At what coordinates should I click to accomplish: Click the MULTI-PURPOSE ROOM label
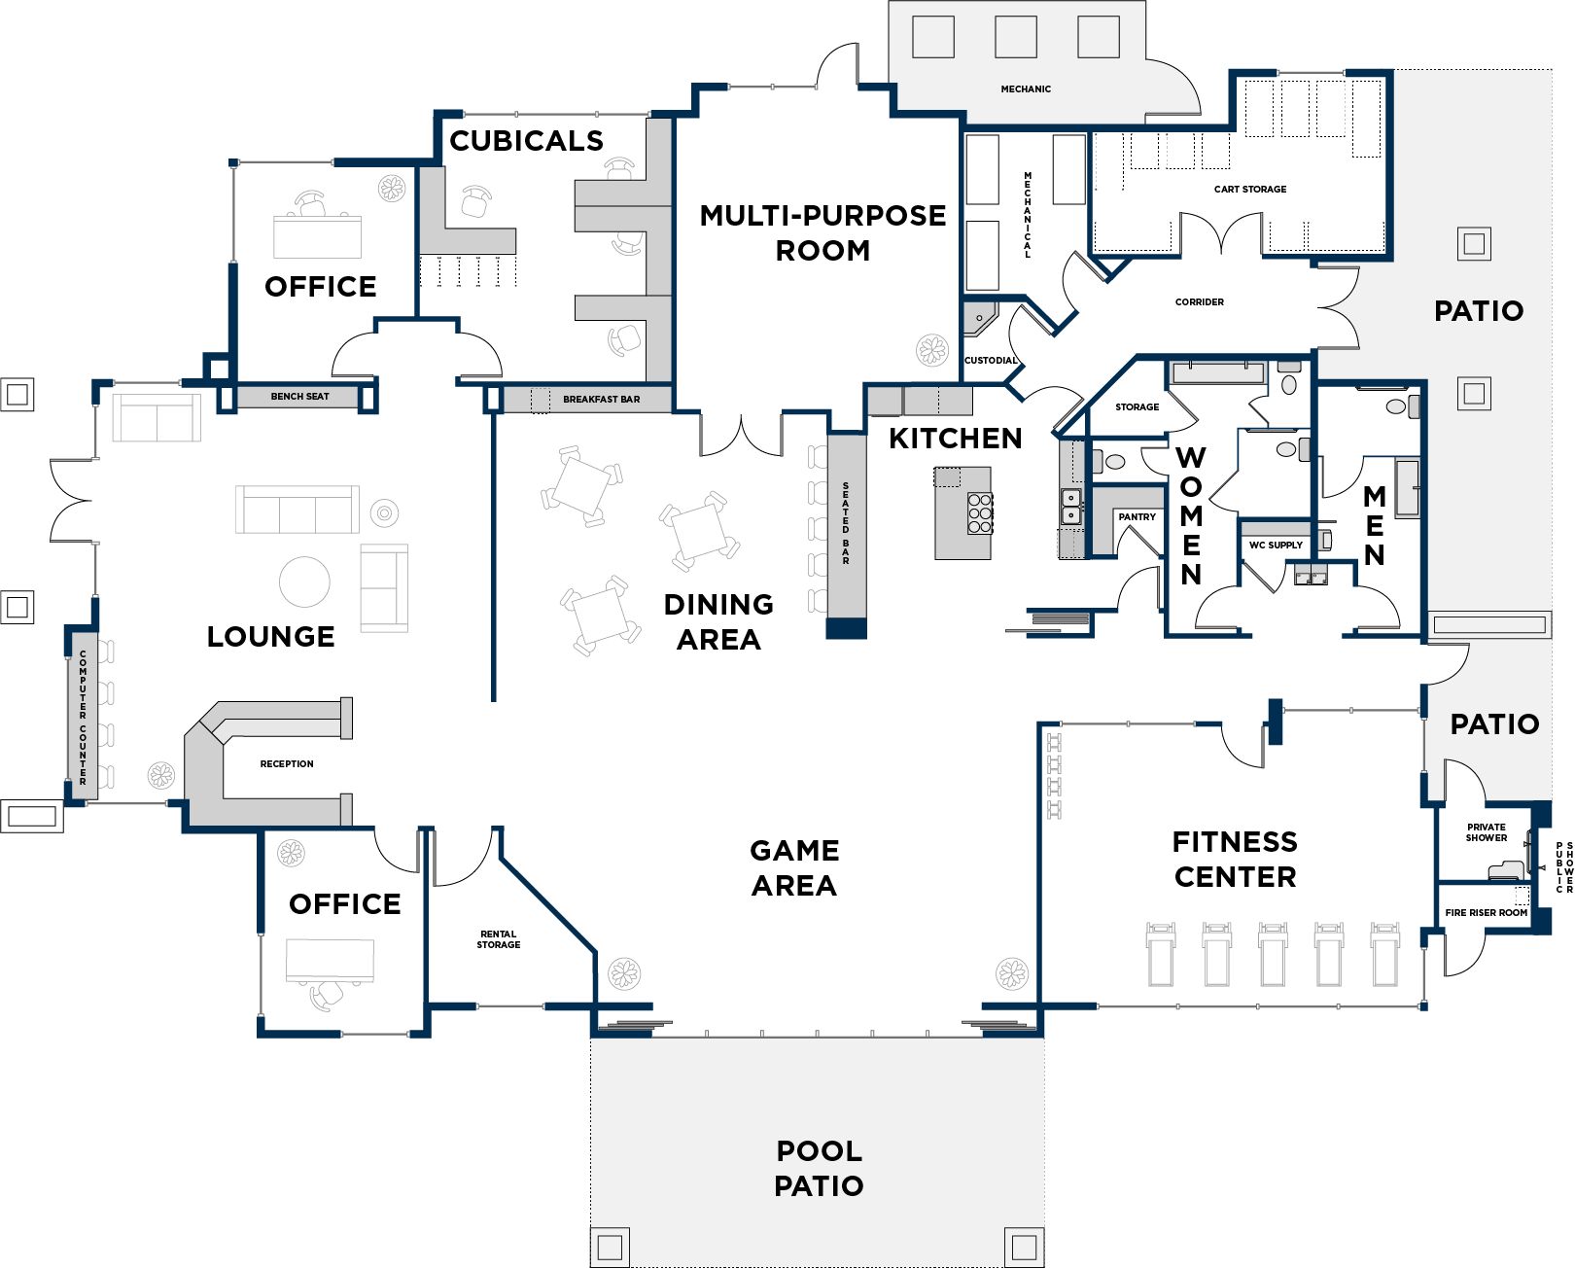coord(822,232)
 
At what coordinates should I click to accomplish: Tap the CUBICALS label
coord(526,141)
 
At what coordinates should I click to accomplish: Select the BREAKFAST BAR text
coord(601,400)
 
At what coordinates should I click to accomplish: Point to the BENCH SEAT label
coord(299,397)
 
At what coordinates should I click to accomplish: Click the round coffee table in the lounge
coord(304,582)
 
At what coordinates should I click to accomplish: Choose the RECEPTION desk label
coord(287,764)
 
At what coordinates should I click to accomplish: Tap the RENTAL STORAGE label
coord(499,939)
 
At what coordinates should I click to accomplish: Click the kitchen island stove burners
coord(980,513)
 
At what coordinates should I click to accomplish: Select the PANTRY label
coord(1137,517)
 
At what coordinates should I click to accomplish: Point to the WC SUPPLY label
coord(1276,546)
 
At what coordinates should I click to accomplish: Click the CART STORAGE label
coord(1249,190)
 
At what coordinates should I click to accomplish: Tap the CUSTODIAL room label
coord(990,361)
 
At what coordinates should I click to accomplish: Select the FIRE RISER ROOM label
coord(1486,913)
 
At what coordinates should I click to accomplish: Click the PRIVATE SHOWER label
coord(1487,832)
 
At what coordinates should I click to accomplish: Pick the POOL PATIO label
coord(819,1168)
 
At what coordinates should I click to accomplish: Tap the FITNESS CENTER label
coord(1235,859)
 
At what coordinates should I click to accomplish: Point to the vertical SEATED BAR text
coord(846,523)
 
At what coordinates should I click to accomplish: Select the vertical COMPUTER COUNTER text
coord(84,718)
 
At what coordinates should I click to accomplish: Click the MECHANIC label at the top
coord(1026,89)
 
